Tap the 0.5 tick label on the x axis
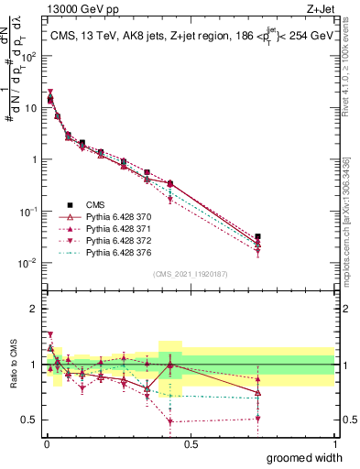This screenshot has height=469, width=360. pyautogui.click(x=191, y=442)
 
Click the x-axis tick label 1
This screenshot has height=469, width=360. pyautogui.click(x=334, y=442)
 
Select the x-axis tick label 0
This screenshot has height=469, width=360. pyautogui.click(x=47, y=442)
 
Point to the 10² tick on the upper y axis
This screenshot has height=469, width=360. pyautogui.click(x=30, y=56)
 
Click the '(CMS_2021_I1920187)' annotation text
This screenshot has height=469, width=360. pyautogui.click(x=191, y=273)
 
